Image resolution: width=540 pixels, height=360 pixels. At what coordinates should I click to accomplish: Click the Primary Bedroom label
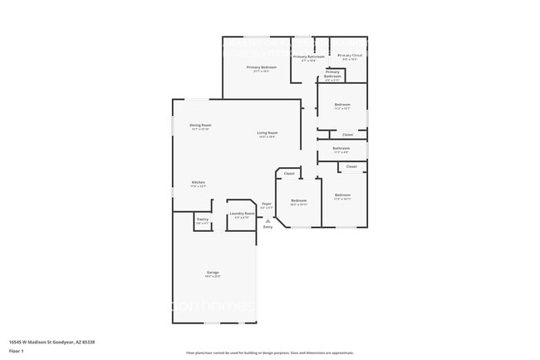[x=262, y=67]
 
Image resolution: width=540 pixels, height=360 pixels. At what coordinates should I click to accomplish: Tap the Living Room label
[x=267, y=133]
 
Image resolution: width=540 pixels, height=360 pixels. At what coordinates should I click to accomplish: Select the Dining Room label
[x=200, y=125]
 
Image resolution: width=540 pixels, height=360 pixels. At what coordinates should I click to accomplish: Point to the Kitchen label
[x=199, y=182]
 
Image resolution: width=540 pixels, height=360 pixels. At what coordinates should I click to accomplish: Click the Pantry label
[x=202, y=219]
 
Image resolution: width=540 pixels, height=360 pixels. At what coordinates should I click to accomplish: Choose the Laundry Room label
[x=242, y=214]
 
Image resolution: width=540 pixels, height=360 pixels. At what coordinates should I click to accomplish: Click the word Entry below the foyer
[x=268, y=227]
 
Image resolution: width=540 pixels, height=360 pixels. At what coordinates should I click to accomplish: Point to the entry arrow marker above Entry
[x=268, y=220]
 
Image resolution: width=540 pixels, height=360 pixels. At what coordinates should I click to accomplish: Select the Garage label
[x=213, y=273]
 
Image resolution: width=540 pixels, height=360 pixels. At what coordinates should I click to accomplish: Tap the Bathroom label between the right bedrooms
[x=341, y=148]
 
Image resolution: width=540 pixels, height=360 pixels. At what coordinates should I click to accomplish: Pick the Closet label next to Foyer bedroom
[x=289, y=174]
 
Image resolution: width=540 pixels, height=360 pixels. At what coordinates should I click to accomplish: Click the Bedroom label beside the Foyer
[x=299, y=200]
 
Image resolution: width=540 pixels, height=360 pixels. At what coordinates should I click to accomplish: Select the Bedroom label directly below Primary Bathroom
[x=342, y=104]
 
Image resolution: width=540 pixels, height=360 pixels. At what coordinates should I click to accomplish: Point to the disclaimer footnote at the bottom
[x=270, y=353]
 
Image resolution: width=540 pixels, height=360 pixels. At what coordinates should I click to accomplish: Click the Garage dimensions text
[x=213, y=277]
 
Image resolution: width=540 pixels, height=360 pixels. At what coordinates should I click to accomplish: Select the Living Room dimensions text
[x=267, y=137]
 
